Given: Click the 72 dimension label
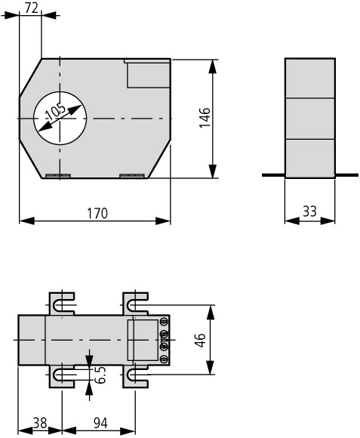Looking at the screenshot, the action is click(31, 8).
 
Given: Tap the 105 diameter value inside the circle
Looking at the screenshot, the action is click(56, 112).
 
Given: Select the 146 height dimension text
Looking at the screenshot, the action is click(205, 118).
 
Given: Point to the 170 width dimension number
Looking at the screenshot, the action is click(97, 213).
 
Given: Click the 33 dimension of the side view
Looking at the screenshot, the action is click(309, 211).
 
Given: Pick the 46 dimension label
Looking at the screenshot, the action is click(200, 340).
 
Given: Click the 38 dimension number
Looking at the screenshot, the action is click(40, 423).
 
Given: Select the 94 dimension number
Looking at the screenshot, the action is click(100, 423).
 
